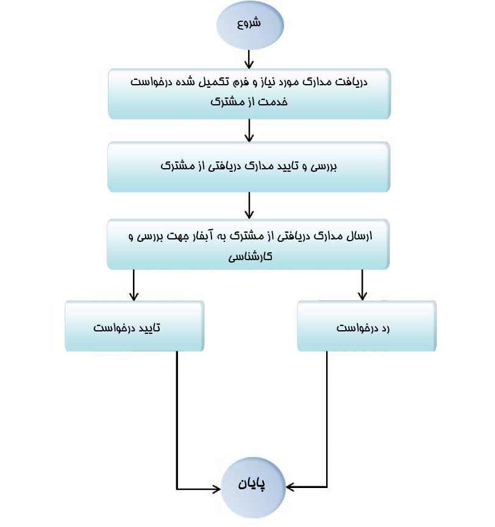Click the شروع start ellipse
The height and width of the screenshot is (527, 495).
pos(250,25)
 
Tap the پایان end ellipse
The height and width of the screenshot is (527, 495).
pos(253,487)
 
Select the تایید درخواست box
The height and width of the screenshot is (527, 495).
pos(135,326)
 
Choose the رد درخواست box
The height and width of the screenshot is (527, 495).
pos(367,326)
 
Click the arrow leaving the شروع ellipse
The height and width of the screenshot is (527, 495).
pos(249,59)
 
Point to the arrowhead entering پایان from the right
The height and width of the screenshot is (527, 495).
pos(290,487)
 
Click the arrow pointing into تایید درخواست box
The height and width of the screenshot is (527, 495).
pos(134,285)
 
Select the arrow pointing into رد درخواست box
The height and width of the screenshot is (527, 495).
pos(362,285)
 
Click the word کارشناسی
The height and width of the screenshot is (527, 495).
pos(250,256)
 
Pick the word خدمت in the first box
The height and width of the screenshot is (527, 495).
pos(274,101)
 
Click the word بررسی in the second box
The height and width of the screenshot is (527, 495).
pos(323,166)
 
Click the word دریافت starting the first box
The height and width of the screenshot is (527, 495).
pos(353,82)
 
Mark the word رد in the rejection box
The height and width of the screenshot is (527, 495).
pos(385,328)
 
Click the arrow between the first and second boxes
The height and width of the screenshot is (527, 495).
pos(249,130)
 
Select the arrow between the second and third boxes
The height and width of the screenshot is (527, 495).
pos(249,205)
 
